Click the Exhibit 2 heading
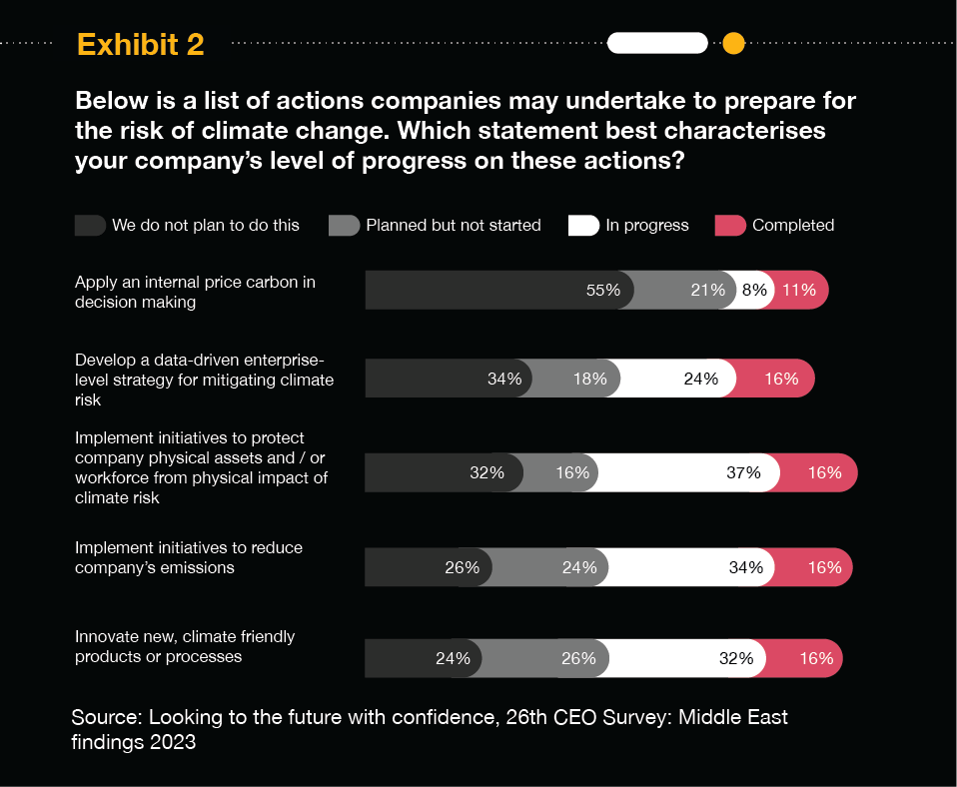[x=140, y=44]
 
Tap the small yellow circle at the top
[x=733, y=43]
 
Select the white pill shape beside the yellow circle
[x=657, y=43]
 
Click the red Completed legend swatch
[x=730, y=226]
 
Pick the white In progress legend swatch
[x=583, y=226]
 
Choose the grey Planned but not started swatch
[x=344, y=226]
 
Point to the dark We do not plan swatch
[x=90, y=226]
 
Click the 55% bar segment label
[x=603, y=291]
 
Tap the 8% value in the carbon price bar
[x=754, y=291]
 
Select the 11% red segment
[x=799, y=291]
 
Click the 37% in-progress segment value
[x=744, y=472]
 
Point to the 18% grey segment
[x=589, y=379]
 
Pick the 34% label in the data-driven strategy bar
[x=504, y=379]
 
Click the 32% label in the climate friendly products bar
[x=735, y=658]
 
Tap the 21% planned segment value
[x=707, y=291]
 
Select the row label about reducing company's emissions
[x=189, y=557]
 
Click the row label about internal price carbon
[x=195, y=291]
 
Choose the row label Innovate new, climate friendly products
[x=185, y=646]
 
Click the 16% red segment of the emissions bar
[x=824, y=567]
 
